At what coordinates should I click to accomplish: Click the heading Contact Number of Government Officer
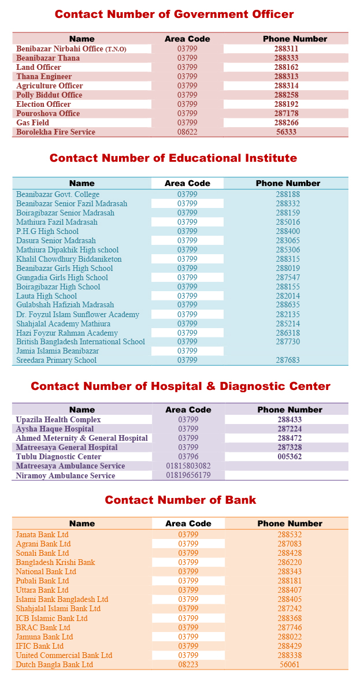[x=174, y=14]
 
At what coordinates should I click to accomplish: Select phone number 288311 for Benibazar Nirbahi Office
[x=286, y=49]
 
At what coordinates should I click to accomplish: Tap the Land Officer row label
[x=39, y=68]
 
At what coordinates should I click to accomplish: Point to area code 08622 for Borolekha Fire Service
[x=187, y=132]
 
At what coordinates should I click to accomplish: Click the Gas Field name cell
[x=33, y=123]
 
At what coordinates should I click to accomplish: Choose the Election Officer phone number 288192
[x=286, y=105]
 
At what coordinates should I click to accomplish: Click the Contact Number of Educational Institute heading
[x=173, y=158]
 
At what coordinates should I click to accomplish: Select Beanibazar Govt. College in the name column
[x=58, y=195]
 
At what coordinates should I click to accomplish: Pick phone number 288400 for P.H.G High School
[x=288, y=232]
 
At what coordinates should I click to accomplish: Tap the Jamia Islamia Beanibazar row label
[x=58, y=351]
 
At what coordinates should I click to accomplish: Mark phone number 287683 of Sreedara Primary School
[x=288, y=360]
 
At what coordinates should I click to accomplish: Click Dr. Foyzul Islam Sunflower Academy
[x=77, y=315]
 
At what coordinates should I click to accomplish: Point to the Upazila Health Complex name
[x=58, y=420]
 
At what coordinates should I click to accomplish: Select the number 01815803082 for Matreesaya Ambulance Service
[x=188, y=466]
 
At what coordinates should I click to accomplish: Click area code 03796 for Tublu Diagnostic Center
[x=188, y=457]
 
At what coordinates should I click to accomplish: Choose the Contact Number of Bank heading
[x=180, y=500]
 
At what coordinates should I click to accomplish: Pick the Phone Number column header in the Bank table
[x=290, y=524]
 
